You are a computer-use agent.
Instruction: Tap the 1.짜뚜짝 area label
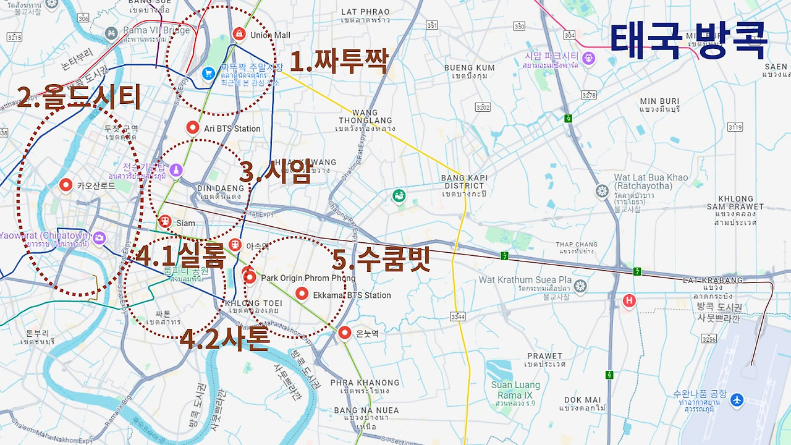pos(339,61)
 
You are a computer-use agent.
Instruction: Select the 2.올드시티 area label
pos(79,97)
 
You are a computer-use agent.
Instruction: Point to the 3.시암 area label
pos(275,172)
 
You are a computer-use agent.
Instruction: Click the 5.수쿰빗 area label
pos(381,259)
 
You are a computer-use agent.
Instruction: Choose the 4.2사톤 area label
pos(224,338)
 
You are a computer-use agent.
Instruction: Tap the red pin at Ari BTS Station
pos(193,128)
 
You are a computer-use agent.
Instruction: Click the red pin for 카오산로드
pos(66,185)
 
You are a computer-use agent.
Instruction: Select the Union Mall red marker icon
pos(239,34)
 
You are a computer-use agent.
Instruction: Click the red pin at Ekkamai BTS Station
pos(302,294)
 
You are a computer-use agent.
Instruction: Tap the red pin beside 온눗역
pos(345,333)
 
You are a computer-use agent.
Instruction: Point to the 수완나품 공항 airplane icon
pos(736,400)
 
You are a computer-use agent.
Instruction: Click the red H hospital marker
pos(629,301)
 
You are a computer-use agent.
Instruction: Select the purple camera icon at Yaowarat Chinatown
pos(99,238)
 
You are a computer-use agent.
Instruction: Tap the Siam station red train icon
pos(165,221)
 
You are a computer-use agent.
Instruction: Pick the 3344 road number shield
pos(458,317)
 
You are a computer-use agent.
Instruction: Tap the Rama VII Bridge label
pos(148,30)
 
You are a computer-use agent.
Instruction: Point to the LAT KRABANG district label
pos(713,280)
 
